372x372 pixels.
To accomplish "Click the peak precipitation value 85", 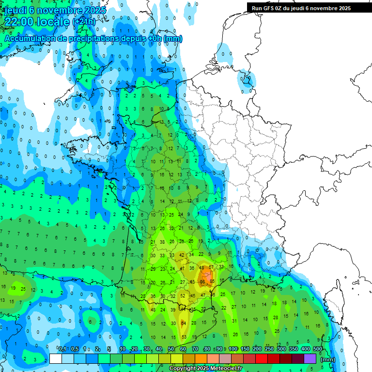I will click(x=212, y=281).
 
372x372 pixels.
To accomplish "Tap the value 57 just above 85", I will click(x=211, y=267).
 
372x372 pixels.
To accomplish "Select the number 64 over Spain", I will click(x=184, y=323).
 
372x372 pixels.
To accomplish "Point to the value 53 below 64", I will click(x=184, y=337).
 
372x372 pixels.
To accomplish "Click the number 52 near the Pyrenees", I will click(x=183, y=295).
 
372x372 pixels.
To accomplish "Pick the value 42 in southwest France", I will click(x=182, y=255).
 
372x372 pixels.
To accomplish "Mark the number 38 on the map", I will click(x=163, y=242).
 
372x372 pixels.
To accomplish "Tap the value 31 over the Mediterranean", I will click(x=234, y=321).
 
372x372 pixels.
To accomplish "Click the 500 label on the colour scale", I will click(x=318, y=349).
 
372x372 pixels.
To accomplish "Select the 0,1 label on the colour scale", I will click(x=62, y=349).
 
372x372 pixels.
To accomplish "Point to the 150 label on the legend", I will click(x=245, y=349).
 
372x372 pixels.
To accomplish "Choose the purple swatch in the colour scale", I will click(x=310, y=358).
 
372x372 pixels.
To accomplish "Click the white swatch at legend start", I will click(x=56, y=358).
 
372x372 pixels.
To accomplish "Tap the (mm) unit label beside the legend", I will click(x=328, y=359).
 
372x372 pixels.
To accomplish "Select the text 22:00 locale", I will click(x=36, y=22).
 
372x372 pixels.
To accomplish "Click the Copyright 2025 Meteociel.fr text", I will click(x=205, y=369).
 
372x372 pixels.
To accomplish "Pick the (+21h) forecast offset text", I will click(x=84, y=22).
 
